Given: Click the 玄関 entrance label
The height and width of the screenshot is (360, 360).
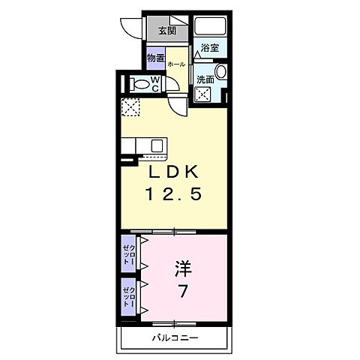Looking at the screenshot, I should click(x=167, y=31).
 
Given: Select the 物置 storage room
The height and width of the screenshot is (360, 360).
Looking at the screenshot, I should click(x=156, y=58).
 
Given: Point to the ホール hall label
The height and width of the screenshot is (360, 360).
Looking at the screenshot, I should click(x=177, y=65).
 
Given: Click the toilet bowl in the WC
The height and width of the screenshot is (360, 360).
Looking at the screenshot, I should click(x=139, y=83).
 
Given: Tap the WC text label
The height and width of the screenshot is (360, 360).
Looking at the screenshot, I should click(x=154, y=83).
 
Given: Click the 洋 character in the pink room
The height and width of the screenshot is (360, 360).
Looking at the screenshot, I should click(x=182, y=267).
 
